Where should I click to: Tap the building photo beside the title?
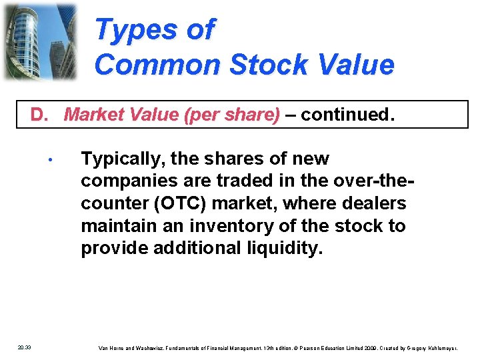39,41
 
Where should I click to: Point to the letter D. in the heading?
40,115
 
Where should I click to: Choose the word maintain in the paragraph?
118,226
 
